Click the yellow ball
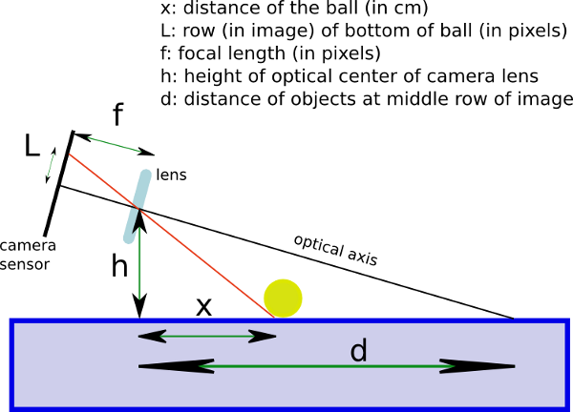tap(283, 299)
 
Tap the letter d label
tap(358, 352)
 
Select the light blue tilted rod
tap(138, 205)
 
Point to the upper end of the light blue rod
tap(145, 175)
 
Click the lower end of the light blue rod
tap(129, 237)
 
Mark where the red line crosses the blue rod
tap(138, 206)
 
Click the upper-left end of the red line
tap(69, 154)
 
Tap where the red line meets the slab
tap(274, 317)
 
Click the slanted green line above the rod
tap(115, 144)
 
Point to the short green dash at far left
tap(51, 166)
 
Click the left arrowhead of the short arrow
tap(146, 336)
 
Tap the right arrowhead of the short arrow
tap(268, 336)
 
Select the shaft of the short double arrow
tap(207, 336)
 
